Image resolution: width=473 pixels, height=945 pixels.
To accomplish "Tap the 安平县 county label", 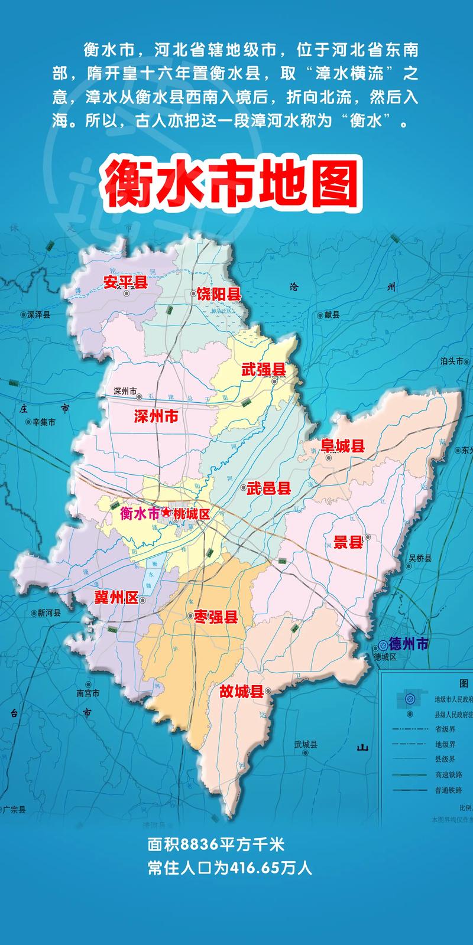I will pos(125,282).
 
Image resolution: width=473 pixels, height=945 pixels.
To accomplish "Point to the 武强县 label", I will pos(264,370).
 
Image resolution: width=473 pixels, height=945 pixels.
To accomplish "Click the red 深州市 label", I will pos(156,416).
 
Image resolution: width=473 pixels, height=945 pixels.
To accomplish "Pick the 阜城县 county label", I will pos(342,446).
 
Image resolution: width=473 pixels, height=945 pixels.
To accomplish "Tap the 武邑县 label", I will pos(269,488).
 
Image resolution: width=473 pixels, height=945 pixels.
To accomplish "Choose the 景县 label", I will pos(348,541).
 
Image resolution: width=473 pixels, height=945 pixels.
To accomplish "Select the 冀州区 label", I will pos(116,598).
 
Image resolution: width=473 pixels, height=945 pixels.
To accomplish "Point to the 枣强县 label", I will pos(216,617).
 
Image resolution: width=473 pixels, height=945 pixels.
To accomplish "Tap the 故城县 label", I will pos(241,692).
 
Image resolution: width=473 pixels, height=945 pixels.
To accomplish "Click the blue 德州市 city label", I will pos(409,644).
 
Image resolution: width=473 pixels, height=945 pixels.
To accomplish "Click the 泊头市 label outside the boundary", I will pos(452,361).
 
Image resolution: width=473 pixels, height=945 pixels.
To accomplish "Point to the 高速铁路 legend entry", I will pos(445,774).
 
